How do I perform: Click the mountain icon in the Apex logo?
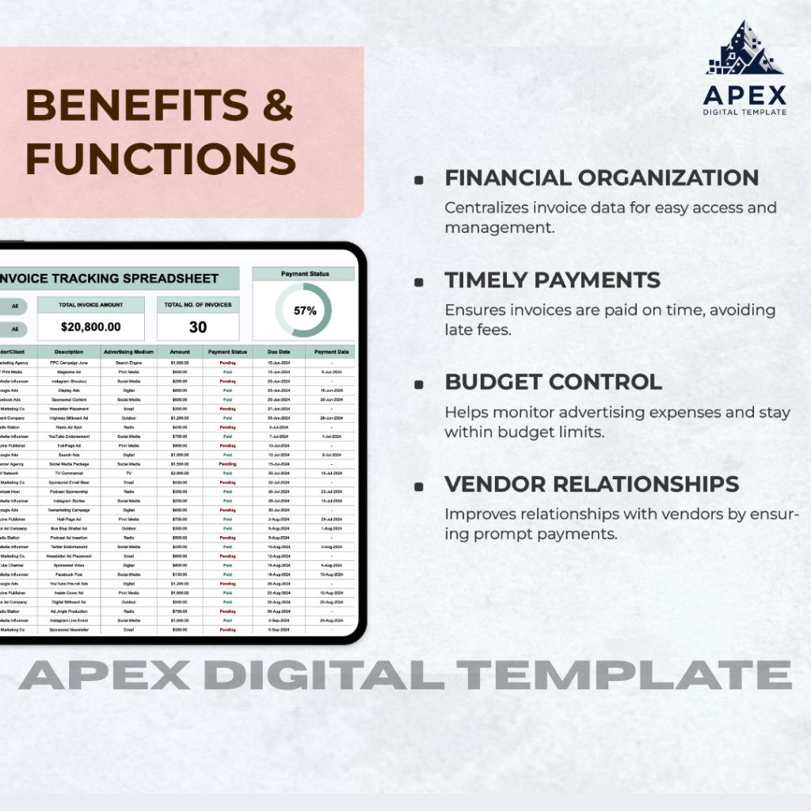click(744, 49)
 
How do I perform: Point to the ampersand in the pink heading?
click(278, 105)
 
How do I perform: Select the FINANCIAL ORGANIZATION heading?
click(601, 177)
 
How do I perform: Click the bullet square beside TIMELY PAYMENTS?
click(418, 282)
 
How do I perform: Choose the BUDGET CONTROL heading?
click(553, 381)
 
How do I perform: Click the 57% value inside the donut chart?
click(305, 310)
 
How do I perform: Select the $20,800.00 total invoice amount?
click(91, 326)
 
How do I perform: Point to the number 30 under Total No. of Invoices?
click(198, 326)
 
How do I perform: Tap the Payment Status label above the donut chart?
click(305, 274)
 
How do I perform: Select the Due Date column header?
click(278, 352)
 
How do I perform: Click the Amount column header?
click(180, 352)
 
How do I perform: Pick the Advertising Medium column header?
click(129, 352)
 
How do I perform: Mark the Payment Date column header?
click(331, 352)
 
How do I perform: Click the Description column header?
click(70, 352)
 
